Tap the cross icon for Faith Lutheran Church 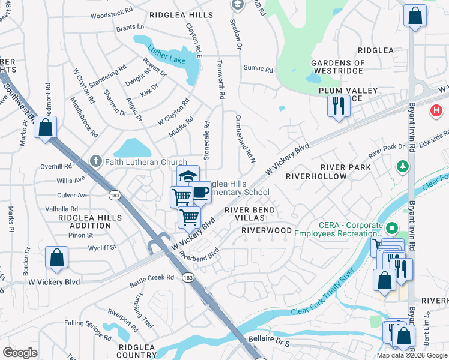click(x=95, y=161)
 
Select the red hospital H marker click(x=436, y=111)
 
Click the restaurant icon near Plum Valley click(x=339, y=106)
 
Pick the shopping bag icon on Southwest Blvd click(x=45, y=127)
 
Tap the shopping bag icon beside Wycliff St click(x=56, y=257)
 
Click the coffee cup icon click(x=200, y=193)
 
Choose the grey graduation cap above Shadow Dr click(x=237, y=5)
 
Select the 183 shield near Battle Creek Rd click(x=188, y=277)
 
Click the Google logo click(x=20, y=352)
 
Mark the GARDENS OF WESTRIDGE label click(x=337, y=67)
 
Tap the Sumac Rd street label click(x=258, y=70)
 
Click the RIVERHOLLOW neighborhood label click(x=316, y=176)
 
